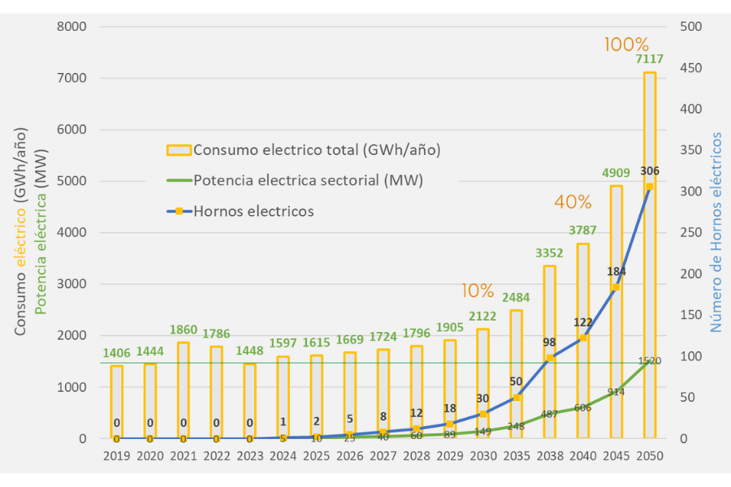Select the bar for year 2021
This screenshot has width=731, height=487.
(184, 390)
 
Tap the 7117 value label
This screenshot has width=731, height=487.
(650, 59)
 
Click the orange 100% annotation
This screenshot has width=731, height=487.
(626, 45)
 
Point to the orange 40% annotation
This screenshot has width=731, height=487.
(573, 201)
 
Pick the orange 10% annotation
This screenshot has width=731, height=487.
(477, 291)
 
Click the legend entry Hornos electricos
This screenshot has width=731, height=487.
(253, 211)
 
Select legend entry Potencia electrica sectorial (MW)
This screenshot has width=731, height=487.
(308, 179)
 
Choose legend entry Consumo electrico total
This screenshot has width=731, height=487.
(317, 149)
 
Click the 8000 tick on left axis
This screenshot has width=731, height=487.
(73, 27)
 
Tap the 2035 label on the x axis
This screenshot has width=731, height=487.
(517, 456)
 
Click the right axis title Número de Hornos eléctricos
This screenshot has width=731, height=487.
(716, 233)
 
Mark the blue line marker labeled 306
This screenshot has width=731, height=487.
(650, 186)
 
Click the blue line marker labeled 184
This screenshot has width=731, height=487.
(616, 287)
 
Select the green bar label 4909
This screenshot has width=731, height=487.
(616, 173)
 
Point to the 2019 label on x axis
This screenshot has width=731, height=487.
(117, 456)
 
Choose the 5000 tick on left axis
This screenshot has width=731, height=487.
(73, 181)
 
